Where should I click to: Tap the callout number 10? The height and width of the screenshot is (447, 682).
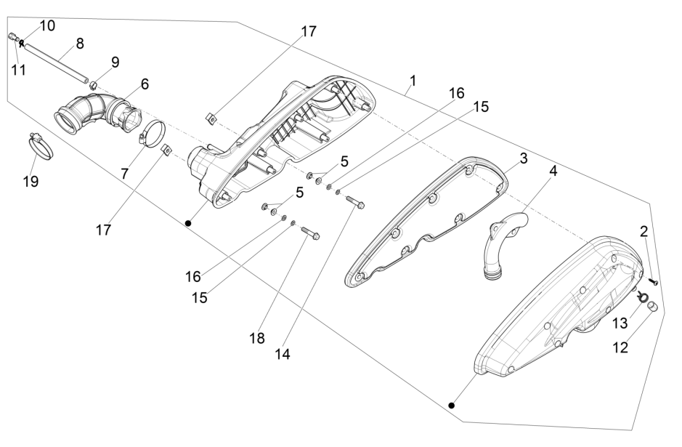click(x=47, y=25)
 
